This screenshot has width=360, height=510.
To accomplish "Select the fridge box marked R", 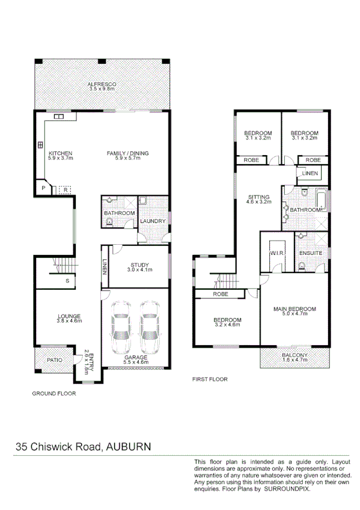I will (x=64, y=189).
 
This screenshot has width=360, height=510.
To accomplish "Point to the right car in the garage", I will (x=149, y=328).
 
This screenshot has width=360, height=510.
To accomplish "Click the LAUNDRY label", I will (x=153, y=221).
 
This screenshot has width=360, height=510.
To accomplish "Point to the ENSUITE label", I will (x=311, y=253).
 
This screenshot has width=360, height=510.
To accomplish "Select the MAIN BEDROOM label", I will (x=294, y=310).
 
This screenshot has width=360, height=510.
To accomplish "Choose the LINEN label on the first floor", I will (x=310, y=173).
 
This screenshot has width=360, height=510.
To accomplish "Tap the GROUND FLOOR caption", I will (x=53, y=394).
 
